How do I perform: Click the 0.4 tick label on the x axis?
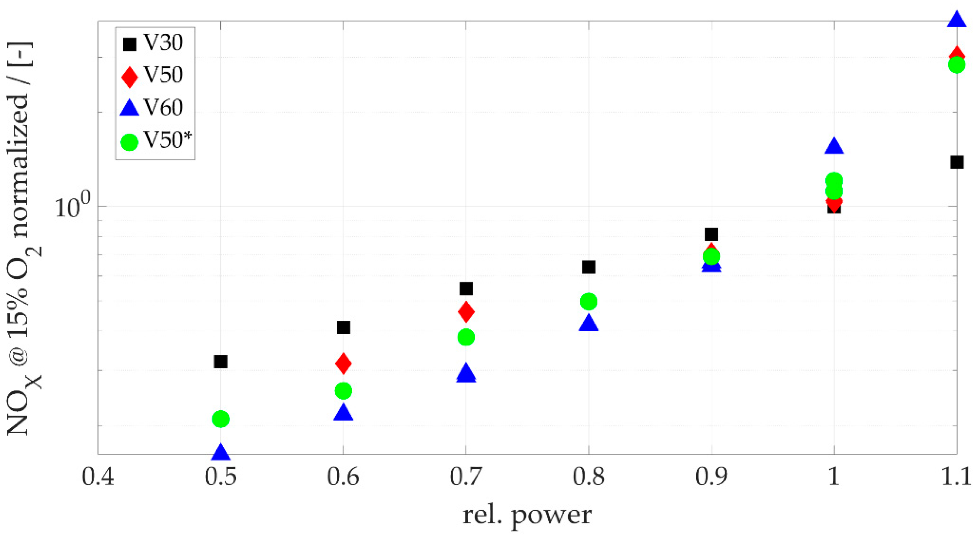pos(98,477)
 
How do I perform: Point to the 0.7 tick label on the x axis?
pos(466,477)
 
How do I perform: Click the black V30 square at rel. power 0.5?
pos(220,361)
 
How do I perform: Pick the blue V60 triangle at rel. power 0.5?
pos(220,453)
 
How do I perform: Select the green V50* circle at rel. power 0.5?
pos(221,418)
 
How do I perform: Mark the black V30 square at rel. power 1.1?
pos(957,162)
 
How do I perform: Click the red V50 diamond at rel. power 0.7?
pos(466,312)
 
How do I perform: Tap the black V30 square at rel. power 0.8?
pos(589,267)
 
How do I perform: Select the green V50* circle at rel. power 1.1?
pos(957,65)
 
